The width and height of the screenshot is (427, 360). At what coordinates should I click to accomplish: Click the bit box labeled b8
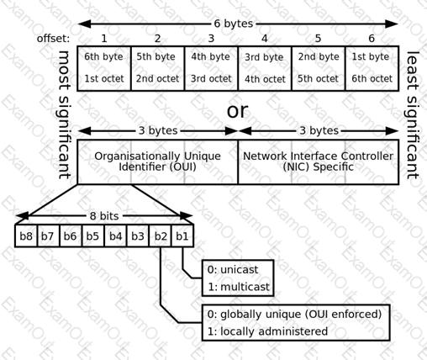26,236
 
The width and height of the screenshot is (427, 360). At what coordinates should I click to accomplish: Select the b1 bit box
182,236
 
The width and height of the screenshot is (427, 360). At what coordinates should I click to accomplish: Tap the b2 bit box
160,236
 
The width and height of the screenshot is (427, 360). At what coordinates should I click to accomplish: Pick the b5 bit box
93,236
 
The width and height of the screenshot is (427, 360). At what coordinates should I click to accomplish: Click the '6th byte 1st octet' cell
104,68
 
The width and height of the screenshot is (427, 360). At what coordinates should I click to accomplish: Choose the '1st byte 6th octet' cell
372,68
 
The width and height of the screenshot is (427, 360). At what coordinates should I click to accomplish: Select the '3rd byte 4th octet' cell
265,68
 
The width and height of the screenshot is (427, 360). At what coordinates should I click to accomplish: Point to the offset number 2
157,39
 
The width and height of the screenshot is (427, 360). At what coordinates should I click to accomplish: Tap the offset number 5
318,39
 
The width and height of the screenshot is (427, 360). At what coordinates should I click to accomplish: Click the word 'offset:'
53,39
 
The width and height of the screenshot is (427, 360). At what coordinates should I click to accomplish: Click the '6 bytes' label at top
234,24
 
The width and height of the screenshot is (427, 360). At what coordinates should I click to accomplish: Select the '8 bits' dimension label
104,216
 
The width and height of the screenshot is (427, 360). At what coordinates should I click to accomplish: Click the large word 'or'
237,110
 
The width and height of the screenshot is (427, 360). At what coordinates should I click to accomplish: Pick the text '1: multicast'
239,287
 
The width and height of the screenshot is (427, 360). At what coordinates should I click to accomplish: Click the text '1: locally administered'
267,331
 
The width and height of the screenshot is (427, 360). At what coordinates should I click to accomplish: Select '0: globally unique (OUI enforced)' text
294,315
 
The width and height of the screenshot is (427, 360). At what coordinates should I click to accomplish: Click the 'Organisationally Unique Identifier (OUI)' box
157,161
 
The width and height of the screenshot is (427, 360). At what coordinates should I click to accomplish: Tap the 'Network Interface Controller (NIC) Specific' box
319,161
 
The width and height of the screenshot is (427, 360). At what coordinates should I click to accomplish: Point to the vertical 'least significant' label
413,115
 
